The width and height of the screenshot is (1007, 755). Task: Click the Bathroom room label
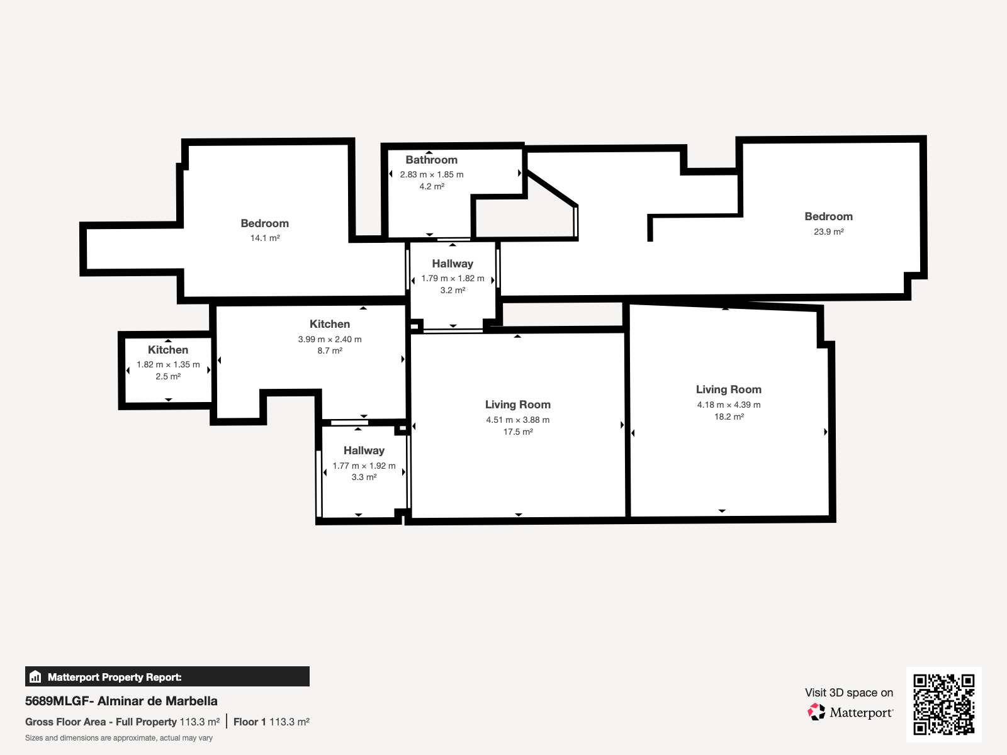point(431,160)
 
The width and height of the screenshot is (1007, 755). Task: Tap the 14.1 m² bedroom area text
point(265,238)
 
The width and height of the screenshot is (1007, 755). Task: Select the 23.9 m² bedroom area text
point(828,232)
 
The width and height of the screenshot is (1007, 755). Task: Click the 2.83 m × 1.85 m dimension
point(431,175)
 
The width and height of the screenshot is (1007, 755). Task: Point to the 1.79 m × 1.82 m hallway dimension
point(453,278)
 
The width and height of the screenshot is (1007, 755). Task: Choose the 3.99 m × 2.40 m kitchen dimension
point(329,339)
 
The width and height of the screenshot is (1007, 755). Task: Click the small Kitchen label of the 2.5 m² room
point(168,350)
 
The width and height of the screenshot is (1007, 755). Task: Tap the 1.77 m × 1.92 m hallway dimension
point(364,466)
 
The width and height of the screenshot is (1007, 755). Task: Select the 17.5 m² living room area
point(517,432)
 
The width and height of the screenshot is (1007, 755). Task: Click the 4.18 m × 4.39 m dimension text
point(729,405)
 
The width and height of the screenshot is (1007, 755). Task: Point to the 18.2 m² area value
point(729,417)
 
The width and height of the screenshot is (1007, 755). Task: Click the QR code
point(943,704)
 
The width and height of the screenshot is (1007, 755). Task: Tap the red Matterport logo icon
point(816,712)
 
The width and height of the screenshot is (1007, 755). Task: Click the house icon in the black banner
point(35,676)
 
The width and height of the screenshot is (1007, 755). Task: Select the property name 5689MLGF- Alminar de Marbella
point(121,701)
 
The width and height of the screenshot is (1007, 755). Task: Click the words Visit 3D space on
point(849,693)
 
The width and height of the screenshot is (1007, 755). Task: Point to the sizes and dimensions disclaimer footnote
point(119,738)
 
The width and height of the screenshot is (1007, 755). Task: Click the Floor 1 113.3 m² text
point(271,722)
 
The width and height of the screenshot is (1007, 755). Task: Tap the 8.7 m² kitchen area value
point(329,350)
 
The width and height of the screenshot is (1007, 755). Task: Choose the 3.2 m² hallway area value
point(453,290)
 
